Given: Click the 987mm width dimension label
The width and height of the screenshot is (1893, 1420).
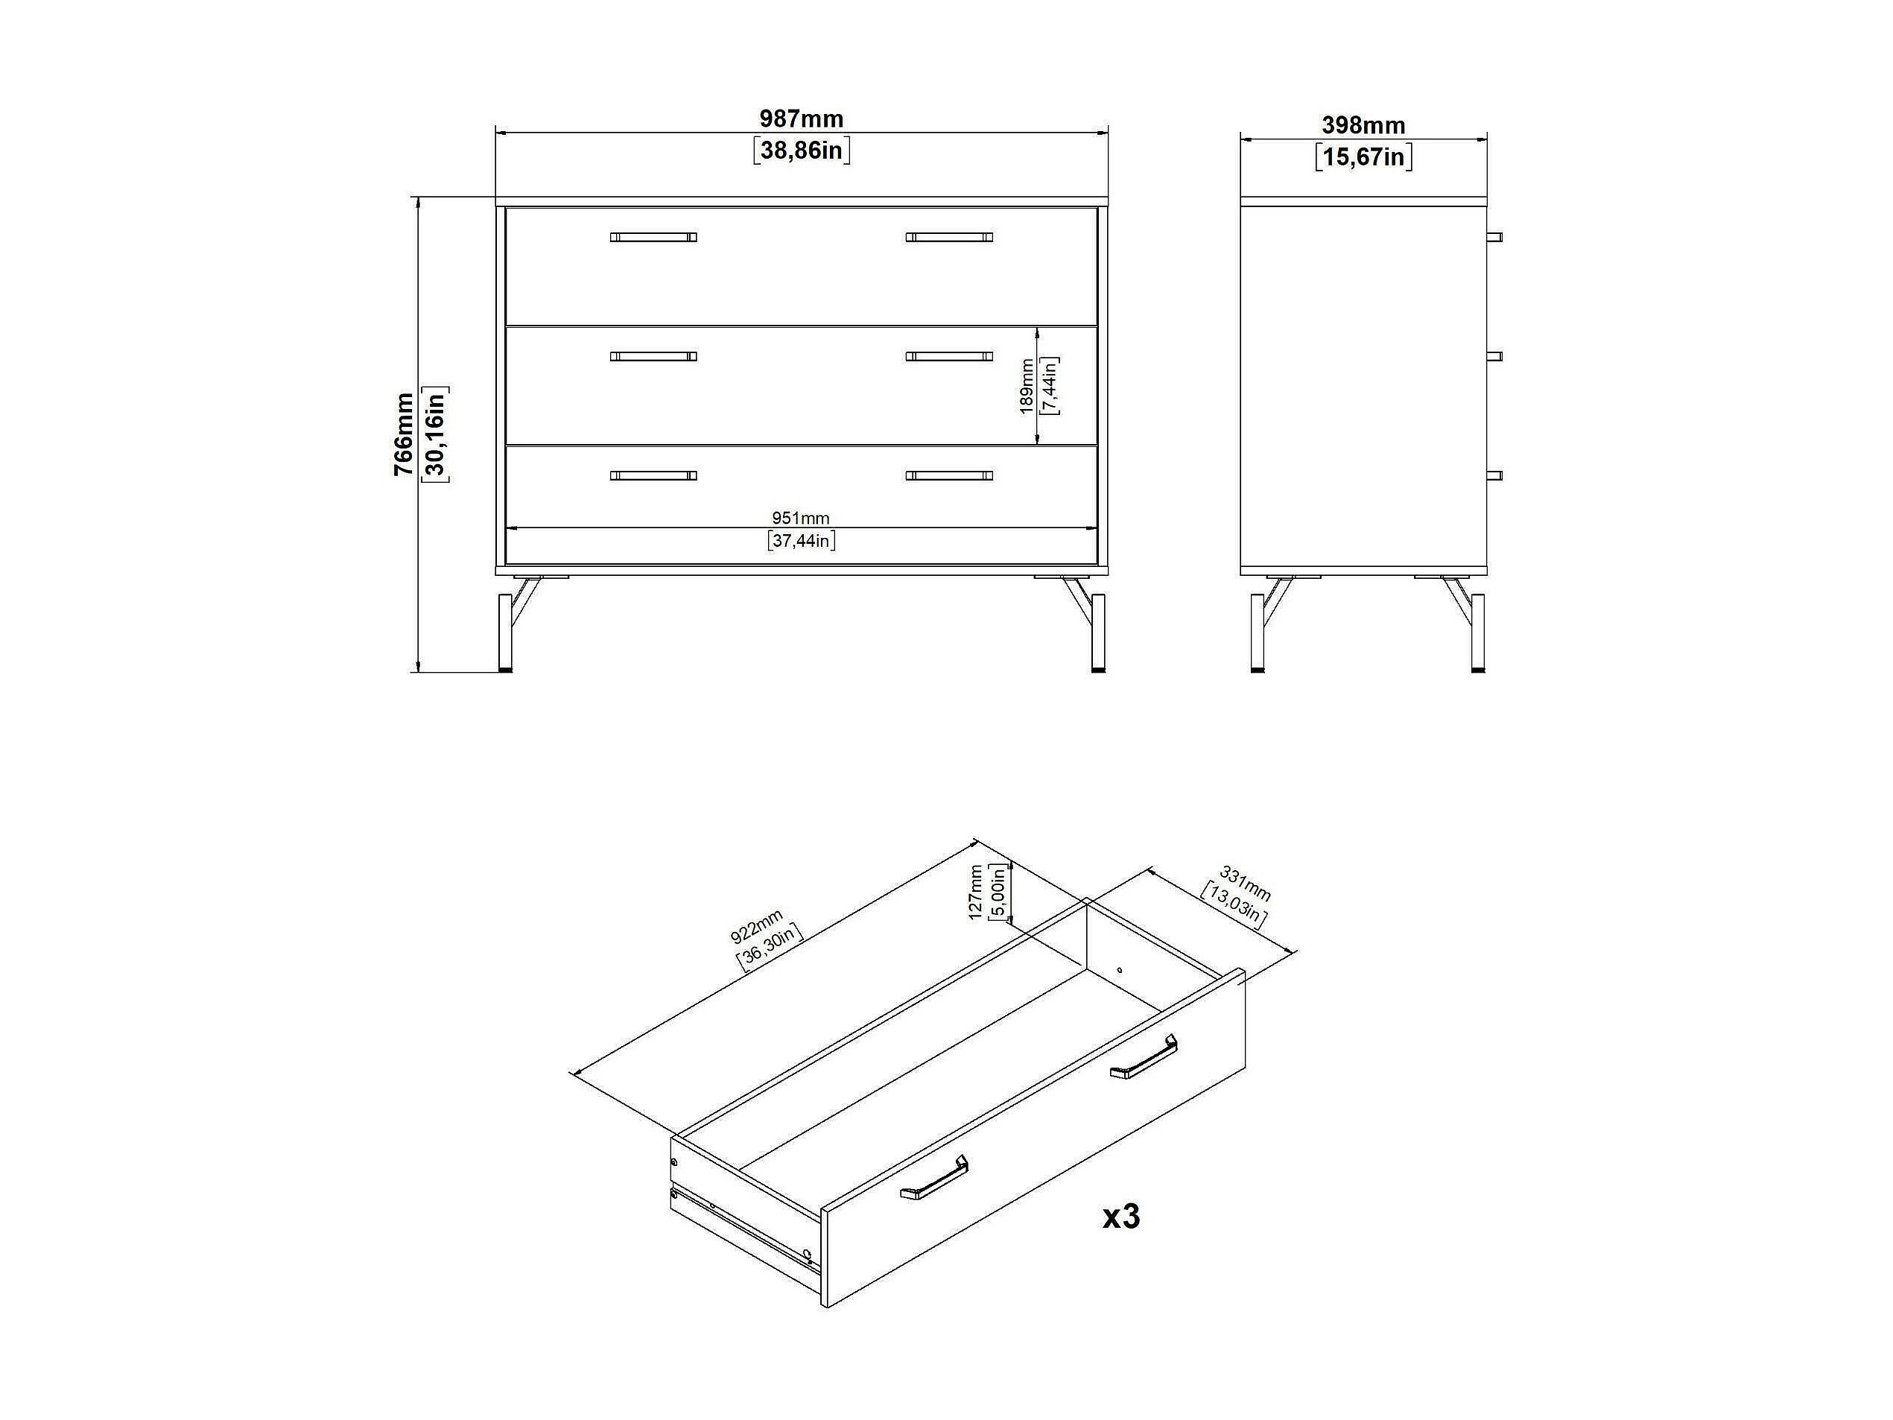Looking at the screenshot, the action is pyautogui.click(x=801, y=118).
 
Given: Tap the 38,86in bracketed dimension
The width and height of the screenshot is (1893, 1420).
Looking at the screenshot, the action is pyautogui.click(x=801, y=150).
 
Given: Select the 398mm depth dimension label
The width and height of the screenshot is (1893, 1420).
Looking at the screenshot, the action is pyautogui.click(x=1363, y=125).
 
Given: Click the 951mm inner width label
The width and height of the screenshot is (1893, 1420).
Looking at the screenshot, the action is pyautogui.click(x=801, y=518).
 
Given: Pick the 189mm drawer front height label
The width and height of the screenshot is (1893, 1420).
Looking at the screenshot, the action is pyautogui.click(x=1026, y=386).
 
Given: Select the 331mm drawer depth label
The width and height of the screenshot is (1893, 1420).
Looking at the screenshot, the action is pyautogui.click(x=1245, y=884).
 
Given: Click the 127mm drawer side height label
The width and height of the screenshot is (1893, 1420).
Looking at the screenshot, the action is pyautogui.click(x=976, y=892).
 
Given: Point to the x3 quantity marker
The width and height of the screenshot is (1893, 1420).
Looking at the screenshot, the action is pyautogui.click(x=1120, y=1217).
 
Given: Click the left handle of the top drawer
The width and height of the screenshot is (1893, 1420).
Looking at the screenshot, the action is pyautogui.click(x=653, y=237).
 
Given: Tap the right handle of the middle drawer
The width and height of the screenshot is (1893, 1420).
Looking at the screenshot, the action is pyautogui.click(x=949, y=356).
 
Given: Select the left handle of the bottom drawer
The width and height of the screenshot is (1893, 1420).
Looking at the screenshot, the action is pyautogui.click(x=653, y=475).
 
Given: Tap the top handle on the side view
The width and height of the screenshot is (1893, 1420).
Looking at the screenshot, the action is pyautogui.click(x=1494, y=237).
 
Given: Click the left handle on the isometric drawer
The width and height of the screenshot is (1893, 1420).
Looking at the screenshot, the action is pyautogui.click(x=933, y=1177).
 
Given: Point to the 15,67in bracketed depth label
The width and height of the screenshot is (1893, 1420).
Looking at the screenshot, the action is pyautogui.click(x=1363, y=157).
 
